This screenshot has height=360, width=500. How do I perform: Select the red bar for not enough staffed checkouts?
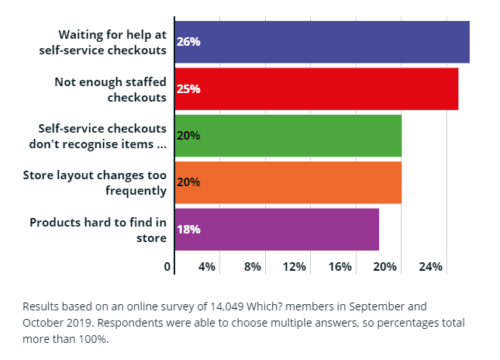[316, 89]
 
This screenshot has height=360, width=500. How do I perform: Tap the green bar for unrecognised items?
[288, 135]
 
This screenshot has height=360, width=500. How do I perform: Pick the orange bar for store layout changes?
[288, 182]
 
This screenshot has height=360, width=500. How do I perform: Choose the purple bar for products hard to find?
[277, 229]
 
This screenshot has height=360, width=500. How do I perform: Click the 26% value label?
[188, 43]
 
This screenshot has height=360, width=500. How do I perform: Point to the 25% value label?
[188, 89]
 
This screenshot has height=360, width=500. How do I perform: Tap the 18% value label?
[188, 229]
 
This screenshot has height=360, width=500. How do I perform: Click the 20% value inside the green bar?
[188, 136]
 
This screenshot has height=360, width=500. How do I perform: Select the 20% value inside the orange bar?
[188, 182]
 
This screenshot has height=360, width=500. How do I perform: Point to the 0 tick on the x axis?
[167, 267]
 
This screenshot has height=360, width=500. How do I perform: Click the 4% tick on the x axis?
[207, 267]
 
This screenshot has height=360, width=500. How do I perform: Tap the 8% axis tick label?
[252, 267]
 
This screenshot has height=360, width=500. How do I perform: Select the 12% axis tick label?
[295, 267]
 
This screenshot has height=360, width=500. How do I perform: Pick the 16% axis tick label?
[340, 267]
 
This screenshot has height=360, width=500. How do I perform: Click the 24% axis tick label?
[430, 267]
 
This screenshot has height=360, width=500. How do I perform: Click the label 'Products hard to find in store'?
[98, 229]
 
